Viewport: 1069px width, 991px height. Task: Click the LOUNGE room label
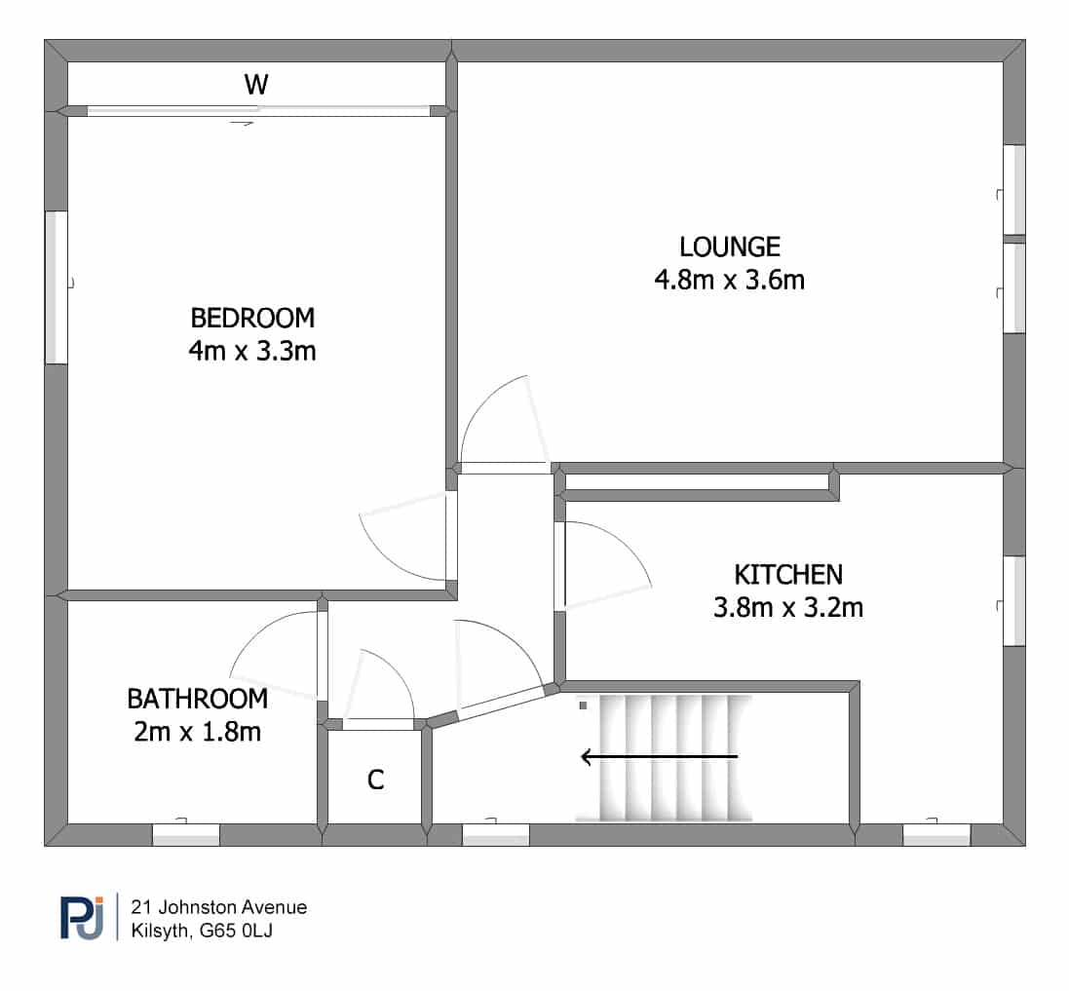pyautogui.click(x=730, y=247)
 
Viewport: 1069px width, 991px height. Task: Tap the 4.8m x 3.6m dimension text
pyautogui.click(x=730, y=280)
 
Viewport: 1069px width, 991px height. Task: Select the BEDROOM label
pyautogui.click(x=252, y=319)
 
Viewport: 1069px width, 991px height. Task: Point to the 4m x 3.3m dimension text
pyautogui.click(x=252, y=351)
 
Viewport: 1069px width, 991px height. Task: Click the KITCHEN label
pyautogui.click(x=788, y=575)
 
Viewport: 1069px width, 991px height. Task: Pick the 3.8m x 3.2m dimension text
pyautogui.click(x=788, y=607)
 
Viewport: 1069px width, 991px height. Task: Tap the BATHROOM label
pyautogui.click(x=197, y=699)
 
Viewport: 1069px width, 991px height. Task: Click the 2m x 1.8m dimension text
pyautogui.click(x=197, y=732)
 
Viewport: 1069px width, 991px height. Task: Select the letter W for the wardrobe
pyautogui.click(x=256, y=85)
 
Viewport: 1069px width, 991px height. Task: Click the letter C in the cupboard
pyautogui.click(x=375, y=780)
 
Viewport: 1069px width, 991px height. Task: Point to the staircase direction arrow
pyautogui.click(x=659, y=756)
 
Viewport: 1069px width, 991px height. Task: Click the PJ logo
pyautogui.click(x=82, y=917)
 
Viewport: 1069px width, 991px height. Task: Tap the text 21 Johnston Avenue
pyautogui.click(x=219, y=907)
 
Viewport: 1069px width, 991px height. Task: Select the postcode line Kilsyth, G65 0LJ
pyautogui.click(x=202, y=931)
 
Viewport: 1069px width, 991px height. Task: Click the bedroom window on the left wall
pyautogui.click(x=56, y=286)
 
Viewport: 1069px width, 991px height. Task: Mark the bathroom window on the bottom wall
pyautogui.click(x=185, y=835)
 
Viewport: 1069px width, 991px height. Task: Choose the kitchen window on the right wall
pyautogui.click(x=1014, y=600)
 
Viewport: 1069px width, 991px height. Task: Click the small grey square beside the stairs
pyautogui.click(x=583, y=705)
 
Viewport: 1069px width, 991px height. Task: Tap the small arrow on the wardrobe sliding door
pyautogui.click(x=242, y=124)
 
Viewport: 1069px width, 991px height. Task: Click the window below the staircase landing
pyautogui.click(x=496, y=835)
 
